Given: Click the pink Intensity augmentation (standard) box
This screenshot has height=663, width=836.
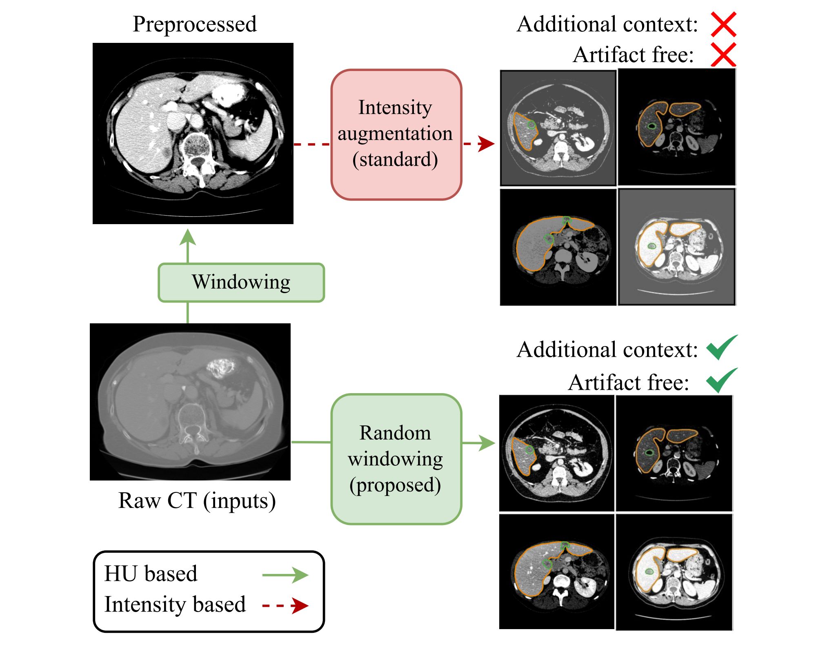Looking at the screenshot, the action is click(x=396, y=134).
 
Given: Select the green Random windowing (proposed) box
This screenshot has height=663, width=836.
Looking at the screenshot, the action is click(x=396, y=459).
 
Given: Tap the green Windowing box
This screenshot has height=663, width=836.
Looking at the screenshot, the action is click(x=241, y=283).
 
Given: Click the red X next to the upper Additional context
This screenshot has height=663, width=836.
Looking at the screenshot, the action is click(x=723, y=24).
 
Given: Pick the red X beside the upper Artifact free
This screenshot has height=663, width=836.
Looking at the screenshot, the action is click(x=723, y=54).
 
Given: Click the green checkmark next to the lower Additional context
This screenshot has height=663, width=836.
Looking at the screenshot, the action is click(x=722, y=347).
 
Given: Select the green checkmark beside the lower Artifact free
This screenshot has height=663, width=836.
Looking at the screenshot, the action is click(x=722, y=380).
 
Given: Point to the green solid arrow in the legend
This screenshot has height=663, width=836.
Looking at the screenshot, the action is click(x=285, y=575).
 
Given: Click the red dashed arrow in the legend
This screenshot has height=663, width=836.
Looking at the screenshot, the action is click(x=285, y=605).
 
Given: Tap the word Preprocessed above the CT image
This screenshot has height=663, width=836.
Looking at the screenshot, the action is click(x=195, y=24).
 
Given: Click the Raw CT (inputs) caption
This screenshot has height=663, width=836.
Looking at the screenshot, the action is click(x=197, y=501).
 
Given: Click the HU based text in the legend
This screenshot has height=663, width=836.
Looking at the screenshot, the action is click(x=151, y=573).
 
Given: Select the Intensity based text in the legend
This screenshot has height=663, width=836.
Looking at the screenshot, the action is click(x=175, y=605).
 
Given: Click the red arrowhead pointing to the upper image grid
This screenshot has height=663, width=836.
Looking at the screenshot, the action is click(x=486, y=144).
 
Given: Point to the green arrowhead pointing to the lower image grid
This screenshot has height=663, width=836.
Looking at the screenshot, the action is click(x=487, y=443).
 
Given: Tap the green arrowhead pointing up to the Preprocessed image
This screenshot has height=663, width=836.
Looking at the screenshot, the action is click(x=188, y=237).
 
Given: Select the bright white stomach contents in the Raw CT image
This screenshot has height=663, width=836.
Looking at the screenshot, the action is click(x=221, y=367).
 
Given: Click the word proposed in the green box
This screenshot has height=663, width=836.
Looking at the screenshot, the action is click(x=395, y=485).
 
